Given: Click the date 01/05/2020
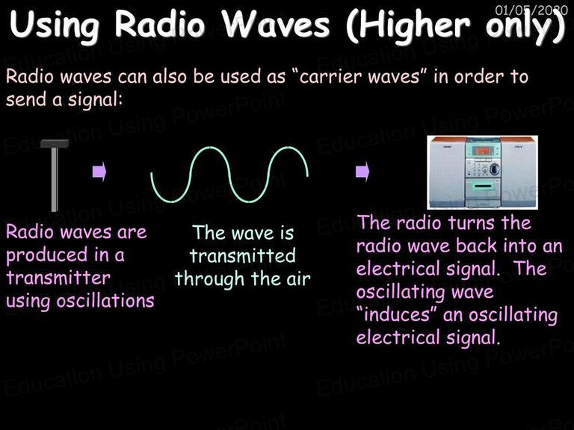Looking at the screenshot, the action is [x=531, y=10].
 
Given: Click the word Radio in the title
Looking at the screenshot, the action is [x=160, y=25].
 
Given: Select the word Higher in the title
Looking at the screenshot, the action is [x=407, y=26].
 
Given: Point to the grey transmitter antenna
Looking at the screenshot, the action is [x=55, y=175].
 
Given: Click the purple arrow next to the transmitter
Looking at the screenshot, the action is [x=99, y=171].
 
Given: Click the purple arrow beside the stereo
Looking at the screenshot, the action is [x=362, y=171].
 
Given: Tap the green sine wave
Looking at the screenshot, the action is [x=229, y=175].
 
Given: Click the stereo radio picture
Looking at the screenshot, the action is [x=483, y=172].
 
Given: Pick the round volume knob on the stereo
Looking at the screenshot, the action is [x=494, y=169].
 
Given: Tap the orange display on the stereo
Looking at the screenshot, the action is [x=483, y=151].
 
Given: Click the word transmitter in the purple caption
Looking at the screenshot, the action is [x=58, y=278].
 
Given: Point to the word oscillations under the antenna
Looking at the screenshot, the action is [x=105, y=301].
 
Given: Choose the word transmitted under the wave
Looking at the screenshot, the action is [x=243, y=255].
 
